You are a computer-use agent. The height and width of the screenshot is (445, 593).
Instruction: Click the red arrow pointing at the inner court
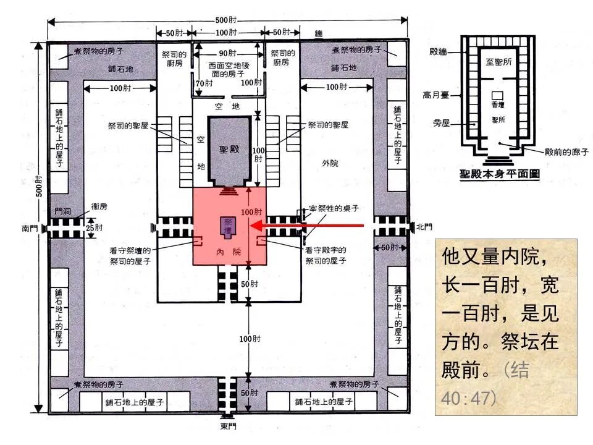tap(315, 226)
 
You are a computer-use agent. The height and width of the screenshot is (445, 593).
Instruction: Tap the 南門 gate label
tap(30, 228)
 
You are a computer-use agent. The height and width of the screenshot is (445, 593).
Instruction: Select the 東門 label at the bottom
tap(229, 426)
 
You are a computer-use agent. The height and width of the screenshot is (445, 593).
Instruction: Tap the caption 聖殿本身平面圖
tap(499, 175)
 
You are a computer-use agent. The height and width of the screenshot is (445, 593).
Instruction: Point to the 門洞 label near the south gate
tap(63, 211)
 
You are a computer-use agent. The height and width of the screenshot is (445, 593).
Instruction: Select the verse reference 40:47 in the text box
tap(469, 396)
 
